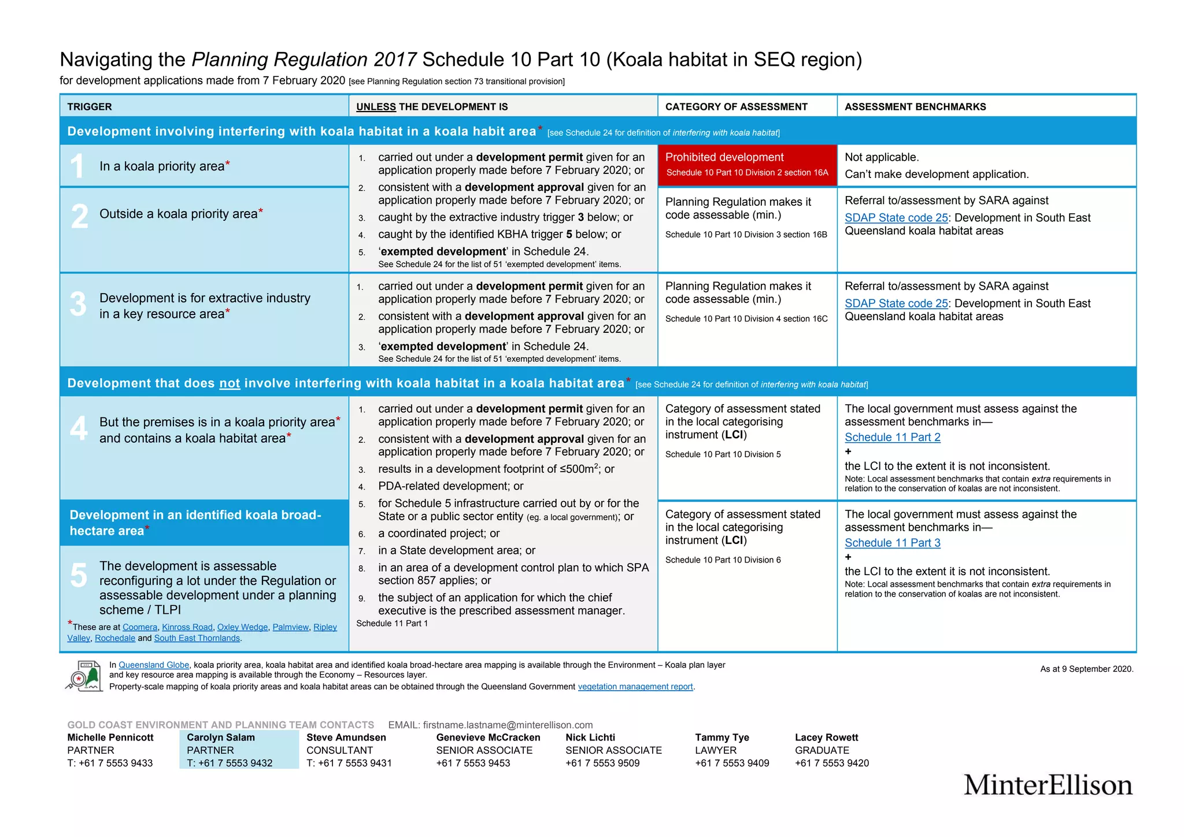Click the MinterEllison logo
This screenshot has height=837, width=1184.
pos(1047,785)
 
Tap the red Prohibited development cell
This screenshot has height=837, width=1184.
pos(747,165)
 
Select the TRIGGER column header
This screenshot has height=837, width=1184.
pos(90,107)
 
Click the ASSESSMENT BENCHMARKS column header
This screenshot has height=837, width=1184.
pos(915,107)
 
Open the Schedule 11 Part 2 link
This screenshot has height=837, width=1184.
pos(892,438)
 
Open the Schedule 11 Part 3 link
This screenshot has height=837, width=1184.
pos(892,543)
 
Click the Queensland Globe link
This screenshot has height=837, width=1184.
pos(154,665)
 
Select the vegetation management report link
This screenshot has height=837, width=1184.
pos(635,687)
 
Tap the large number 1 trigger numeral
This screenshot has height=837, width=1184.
pos(77,166)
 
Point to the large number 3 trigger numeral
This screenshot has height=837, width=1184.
pos(78,304)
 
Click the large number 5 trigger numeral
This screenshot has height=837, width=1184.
pos(79,576)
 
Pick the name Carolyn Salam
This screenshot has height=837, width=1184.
pos(220,738)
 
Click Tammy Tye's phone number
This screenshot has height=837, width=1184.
pos(732,763)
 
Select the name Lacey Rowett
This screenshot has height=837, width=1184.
pos(826,738)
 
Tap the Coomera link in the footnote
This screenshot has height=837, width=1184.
pos(139,627)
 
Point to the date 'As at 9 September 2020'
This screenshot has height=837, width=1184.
pos(1086,669)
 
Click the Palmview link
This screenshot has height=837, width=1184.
pos(290,627)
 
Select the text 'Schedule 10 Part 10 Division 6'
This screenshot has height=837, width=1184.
pos(723,560)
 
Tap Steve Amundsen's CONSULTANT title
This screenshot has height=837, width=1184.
pos(339,750)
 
